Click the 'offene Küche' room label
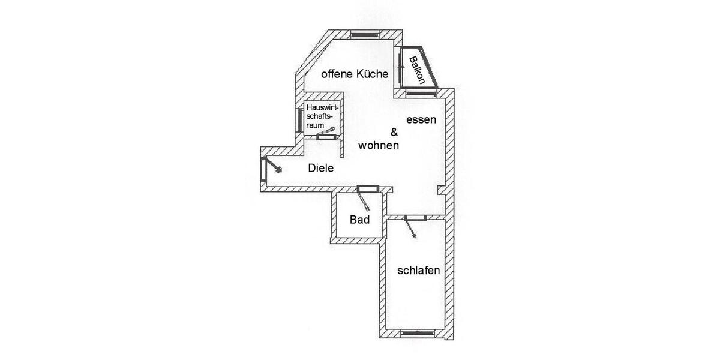coord(355,74)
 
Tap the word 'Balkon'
coord(418,70)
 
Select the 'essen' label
coord(421,120)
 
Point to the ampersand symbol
coord(394,132)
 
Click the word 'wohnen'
coord(379,146)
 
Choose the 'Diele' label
coord(321,168)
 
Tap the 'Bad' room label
coord(359,220)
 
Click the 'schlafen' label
coord(419,271)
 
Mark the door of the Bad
coord(366,197)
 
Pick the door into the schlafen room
coord(413,225)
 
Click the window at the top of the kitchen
coord(365,34)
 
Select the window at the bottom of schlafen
coord(418,334)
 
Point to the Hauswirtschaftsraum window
coord(299,120)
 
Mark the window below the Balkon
coord(421,94)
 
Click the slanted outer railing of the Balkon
coord(430,67)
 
